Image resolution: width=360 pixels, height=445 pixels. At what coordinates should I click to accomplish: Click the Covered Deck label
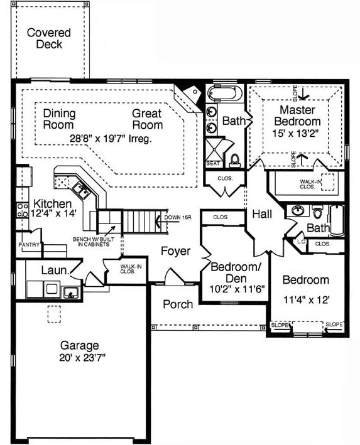pyautogui.click(x=49, y=38)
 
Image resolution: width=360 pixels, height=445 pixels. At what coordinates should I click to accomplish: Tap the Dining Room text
pyautogui.click(x=59, y=119)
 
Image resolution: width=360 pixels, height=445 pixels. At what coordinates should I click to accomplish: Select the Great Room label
pyautogui.click(x=147, y=119)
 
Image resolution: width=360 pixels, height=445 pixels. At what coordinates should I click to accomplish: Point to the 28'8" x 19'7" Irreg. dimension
pyautogui.click(x=111, y=139)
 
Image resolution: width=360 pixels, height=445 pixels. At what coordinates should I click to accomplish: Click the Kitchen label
pyautogui.click(x=52, y=204)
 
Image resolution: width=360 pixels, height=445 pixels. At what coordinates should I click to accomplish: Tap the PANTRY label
pyautogui.click(x=29, y=244)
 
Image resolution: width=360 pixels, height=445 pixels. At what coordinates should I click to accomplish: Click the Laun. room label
pyautogui.click(x=55, y=271)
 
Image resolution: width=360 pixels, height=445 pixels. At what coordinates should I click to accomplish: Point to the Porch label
pyautogui.click(x=178, y=304)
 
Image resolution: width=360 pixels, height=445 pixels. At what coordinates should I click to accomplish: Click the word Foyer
pyautogui.click(x=175, y=252)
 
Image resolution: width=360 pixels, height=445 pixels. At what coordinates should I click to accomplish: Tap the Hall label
pyautogui.click(x=261, y=215)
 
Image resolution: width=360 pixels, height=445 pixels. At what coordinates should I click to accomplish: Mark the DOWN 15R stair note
pyautogui.click(x=177, y=218)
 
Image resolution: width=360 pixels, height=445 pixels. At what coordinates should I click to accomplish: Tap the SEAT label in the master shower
pyautogui.click(x=212, y=163)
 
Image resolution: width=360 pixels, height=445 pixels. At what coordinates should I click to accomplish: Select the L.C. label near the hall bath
pyautogui.click(x=300, y=241)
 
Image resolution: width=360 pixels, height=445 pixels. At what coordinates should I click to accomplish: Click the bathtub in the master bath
pyautogui.click(x=225, y=95)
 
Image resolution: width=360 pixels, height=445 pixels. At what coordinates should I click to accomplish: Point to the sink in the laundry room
pyautogui.click(x=70, y=291)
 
